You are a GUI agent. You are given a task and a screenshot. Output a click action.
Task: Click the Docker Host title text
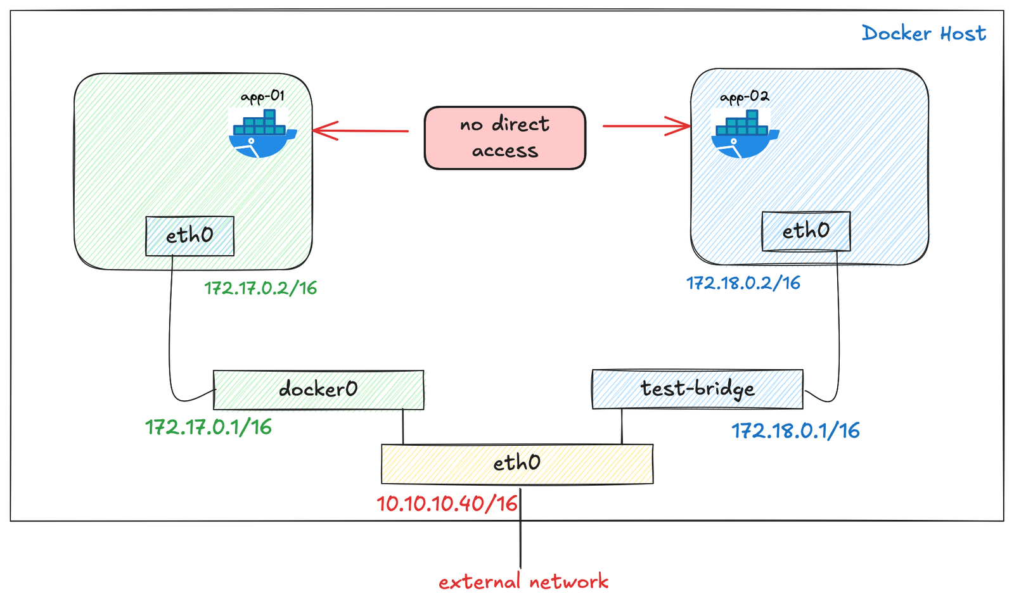[x=923, y=33]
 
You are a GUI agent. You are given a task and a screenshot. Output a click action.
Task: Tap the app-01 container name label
[x=262, y=96]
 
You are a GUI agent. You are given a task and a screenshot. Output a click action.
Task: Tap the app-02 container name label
[x=744, y=97]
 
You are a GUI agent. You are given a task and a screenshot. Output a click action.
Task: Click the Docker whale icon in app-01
[x=261, y=134]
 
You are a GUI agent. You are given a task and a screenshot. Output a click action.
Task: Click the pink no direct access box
[x=504, y=138]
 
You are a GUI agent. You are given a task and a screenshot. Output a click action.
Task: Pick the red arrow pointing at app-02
[x=646, y=126]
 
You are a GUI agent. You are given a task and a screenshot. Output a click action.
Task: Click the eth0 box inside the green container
[x=189, y=236]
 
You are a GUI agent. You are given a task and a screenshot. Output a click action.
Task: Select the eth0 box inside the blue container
[x=805, y=231]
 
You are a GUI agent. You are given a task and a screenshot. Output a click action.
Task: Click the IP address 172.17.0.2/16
[x=260, y=289]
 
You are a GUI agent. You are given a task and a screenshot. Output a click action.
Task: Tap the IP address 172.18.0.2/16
[x=743, y=283]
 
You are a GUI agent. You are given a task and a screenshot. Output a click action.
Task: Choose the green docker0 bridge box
[x=318, y=389]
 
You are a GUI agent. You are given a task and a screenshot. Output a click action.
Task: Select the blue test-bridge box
[x=697, y=389]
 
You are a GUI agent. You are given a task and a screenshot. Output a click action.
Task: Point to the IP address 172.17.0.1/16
[x=209, y=427]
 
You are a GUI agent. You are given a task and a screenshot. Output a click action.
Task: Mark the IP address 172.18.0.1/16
[x=795, y=431]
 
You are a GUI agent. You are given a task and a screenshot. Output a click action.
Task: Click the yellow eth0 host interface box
[x=517, y=464]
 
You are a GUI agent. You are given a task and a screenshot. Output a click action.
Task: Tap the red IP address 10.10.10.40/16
[x=447, y=504]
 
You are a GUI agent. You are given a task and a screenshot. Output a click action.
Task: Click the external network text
[x=523, y=582]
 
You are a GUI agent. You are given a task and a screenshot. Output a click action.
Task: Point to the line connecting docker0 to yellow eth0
[x=403, y=427]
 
